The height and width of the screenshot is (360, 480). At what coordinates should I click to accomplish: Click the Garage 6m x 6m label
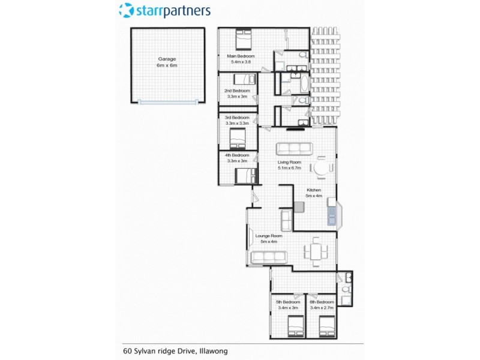pyautogui.click(x=167, y=62)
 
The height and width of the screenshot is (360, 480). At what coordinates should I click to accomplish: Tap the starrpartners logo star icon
pyautogui.click(x=126, y=10)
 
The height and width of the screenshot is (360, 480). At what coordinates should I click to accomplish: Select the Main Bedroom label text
pyautogui.click(x=238, y=59)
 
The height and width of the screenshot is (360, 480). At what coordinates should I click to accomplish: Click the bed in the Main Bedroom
pyautogui.click(x=243, y=39)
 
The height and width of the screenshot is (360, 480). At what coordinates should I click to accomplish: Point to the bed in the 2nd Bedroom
pyautogui.click(x=244, y=79)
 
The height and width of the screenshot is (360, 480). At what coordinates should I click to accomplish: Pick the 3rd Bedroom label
pyautogui.click(x=237, y=120)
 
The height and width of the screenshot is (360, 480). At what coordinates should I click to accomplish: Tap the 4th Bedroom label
pyautogui.click(x=237, y=158)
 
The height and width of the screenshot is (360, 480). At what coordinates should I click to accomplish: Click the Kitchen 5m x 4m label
pyautogui.click(x=314, y=193)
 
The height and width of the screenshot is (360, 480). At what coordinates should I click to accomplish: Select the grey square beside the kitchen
pyautogui.click(x=299, y=207)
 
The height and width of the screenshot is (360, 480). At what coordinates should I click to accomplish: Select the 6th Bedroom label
pyautogui.click(x=322, y=304)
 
